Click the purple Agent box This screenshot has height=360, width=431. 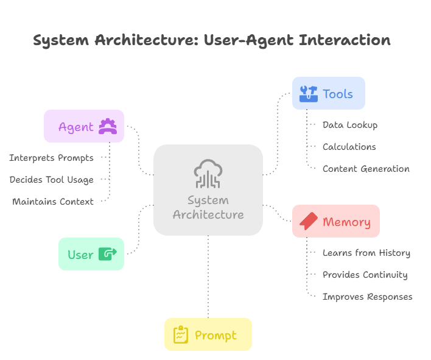click(84, 126)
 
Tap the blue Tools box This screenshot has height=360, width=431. click(329, 93)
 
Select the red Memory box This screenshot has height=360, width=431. click(336, 221)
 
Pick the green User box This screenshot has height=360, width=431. click(91, 254)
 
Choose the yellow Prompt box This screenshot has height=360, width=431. click(208, 334)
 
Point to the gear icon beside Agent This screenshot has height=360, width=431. click(108, 126)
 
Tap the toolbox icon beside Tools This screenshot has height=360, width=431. click(308, 94)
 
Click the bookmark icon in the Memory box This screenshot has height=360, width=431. click(309, 221)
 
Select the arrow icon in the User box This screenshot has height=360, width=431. click(107, 254)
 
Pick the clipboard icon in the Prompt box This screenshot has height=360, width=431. click(181, 335)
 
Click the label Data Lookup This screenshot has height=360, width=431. click(350, 125)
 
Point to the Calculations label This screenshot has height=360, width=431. click(349, 147)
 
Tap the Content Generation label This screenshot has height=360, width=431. click(366, 169)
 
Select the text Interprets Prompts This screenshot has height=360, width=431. click(52, 158)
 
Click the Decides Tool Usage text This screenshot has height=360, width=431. click(52, 180)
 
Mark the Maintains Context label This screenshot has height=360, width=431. click(53, 202)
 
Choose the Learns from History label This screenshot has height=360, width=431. click(366, 253)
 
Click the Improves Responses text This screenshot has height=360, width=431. click(368, 297)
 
